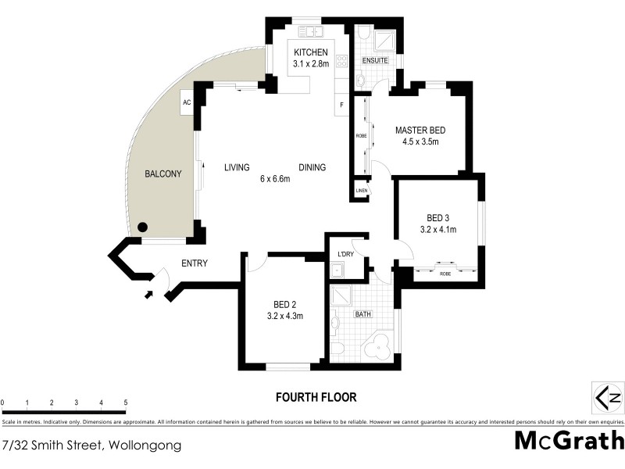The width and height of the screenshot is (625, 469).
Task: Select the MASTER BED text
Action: pyautogui.click(x=420, y=131)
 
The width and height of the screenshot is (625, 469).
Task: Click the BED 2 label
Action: pyautogui.click(x=284, y=304)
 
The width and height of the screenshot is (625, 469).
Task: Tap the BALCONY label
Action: pyautogui.click(x=163, y=174)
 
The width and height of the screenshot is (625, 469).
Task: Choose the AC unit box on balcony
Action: pyautogui.click(x=187, y=102)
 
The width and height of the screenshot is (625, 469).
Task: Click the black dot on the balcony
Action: pyautogui.click(x=142, y=227)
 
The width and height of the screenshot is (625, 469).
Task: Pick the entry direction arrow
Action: pyautogui.click(x=149, y=295)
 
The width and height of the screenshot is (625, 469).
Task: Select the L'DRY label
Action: pyautogui.click(x=345, y=255)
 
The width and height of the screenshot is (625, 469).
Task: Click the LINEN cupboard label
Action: pyautogui.click(x=361, y=191)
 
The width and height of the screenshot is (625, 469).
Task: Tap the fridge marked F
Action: pyautogui.click(x=341, y=105)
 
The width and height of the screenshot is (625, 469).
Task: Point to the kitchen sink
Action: pyautogui.click(x=313, y=32)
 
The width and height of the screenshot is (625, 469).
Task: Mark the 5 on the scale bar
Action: pyautogui.click(x=126, y=403)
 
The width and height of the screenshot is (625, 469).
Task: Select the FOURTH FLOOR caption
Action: pyautogui.click(x=316, y=397)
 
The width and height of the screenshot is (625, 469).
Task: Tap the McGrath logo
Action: pyautogui.click(x=570, y=441)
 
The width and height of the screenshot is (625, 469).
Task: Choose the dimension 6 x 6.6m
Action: pyautogui.click(x=275, y=179)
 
